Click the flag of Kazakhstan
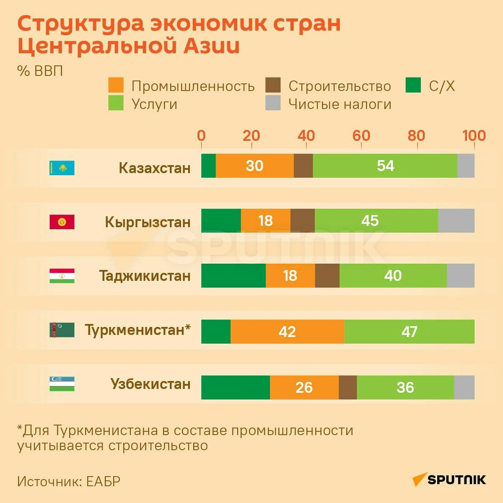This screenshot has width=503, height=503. click(62, 168)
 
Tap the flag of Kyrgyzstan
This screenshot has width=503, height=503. click(62, 222)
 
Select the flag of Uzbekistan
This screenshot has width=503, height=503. click(62, 384)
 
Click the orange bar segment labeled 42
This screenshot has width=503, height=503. click(287, 332)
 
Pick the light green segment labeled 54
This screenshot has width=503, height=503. click(385, 166)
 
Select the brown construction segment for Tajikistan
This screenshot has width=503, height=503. click(327, 275)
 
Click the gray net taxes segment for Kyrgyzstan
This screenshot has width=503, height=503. click(456, 220)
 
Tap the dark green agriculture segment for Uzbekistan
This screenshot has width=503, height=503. click(235, 387)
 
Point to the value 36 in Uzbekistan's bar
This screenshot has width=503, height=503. click(405, 387)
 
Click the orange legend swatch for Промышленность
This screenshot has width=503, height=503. click(116, 85)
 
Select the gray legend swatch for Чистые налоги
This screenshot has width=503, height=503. click(273, 103)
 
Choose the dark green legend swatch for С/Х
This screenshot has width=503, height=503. click(413, 85)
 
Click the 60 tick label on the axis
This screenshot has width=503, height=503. click(361, 135)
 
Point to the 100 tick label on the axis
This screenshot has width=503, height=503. click(474, 135)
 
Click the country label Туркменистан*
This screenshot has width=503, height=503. click(137, 330)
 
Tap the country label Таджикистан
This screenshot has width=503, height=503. click(145, 276)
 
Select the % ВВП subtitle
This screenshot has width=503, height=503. click(40, 71)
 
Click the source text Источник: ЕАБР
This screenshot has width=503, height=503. click(69, 481)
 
